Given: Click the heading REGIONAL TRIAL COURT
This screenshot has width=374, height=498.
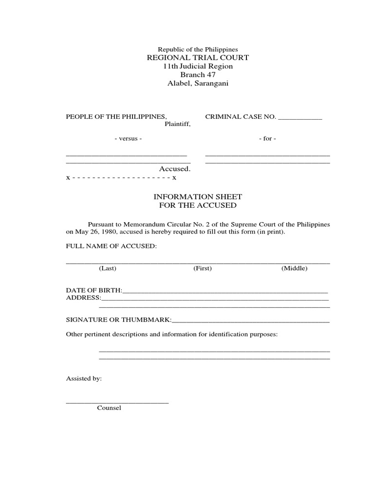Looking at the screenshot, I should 198,57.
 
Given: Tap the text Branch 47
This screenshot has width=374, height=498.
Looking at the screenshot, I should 198,75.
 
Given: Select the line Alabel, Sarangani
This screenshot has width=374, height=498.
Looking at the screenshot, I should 198,84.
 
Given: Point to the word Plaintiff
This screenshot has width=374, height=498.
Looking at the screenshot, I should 177,124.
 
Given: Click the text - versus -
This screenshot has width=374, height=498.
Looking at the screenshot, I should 128,139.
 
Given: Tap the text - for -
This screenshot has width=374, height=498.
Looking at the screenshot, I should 267,139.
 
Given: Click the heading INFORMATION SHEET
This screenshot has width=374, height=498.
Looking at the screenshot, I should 198,196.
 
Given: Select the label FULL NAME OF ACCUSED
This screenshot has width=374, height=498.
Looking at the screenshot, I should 112,247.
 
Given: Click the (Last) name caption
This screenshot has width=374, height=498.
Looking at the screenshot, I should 108,268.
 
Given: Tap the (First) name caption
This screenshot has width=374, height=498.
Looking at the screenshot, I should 203,268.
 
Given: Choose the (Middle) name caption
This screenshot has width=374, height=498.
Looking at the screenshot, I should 294,268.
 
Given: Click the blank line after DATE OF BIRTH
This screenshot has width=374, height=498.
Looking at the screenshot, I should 225,291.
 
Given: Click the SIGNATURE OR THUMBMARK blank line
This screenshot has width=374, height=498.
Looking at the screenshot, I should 251,320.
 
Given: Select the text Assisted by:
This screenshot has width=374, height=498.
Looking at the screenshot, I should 84,378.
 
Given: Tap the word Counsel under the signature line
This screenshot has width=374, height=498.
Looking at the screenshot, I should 109,408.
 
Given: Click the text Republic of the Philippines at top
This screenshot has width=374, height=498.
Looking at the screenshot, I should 198,50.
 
